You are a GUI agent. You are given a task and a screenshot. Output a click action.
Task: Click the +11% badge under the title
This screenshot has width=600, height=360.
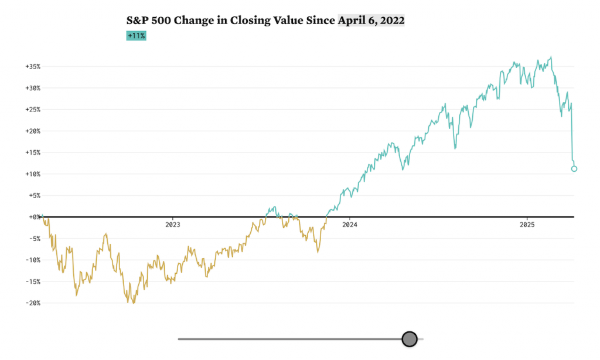pyautogui.click(x=136, y=36)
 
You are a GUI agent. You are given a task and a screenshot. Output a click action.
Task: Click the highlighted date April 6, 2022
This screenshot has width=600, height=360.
pyautogui.click(x=371, y=21)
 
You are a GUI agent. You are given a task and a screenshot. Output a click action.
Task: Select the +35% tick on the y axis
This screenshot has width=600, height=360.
pyautogui.click(x=32, y=67)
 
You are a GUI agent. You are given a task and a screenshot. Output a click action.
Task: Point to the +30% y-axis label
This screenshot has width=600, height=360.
pyautogui.click(x=32, y=88)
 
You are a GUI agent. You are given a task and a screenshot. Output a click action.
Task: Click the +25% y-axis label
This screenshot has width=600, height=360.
pyautogui.click(x=32, y=110)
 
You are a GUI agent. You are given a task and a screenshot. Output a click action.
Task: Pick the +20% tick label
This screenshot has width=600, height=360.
pyautogui.click(x=32, y=131)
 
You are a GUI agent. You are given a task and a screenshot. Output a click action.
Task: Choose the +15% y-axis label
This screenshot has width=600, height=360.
pyautogui.click(x=32, y=152)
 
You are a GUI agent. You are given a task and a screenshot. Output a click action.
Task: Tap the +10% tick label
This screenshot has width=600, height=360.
pyautogui.click(x=32, y=174)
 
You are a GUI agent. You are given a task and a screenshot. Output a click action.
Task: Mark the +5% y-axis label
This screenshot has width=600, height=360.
pyautogui.click(x=34, y=196)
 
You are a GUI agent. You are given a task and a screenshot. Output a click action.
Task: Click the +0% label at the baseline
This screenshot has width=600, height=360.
pyautogui.click(x=34, y=217)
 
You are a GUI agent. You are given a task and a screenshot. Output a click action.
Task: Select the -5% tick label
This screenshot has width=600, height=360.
pyautogui.click(x=34, y=239)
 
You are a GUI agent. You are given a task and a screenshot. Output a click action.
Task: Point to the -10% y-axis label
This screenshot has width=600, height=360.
pyautogui.click(x=32, y=260)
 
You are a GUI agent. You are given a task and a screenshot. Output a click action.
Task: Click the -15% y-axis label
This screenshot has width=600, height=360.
pyautogui.click(x=32, y=281)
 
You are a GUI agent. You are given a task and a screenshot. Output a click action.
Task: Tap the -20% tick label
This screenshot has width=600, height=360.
pyautogui.click(x=32, y=303)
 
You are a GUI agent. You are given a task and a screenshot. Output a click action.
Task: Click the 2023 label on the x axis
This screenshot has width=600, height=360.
pyautogui.click(x=172, y=225)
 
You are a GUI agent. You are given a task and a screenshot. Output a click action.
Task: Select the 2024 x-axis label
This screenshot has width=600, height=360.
pyautogui.click(x=349, y=225)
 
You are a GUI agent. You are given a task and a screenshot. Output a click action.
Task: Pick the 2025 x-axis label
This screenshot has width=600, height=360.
pyautogui.click(x=527, y=225)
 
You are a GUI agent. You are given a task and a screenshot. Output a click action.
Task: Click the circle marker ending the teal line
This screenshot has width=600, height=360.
pyautogui.click(x=574, y=169)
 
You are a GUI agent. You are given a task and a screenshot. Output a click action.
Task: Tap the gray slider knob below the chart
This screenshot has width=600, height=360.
pyautogui.click(x=410, y=339)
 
